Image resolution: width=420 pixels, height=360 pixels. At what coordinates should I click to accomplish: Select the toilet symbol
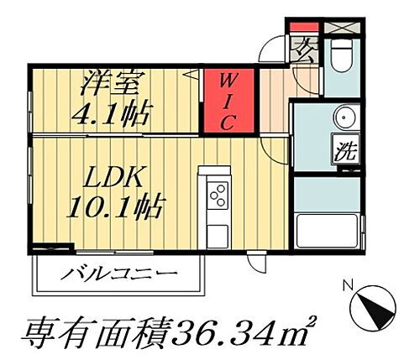click(341, 55)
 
